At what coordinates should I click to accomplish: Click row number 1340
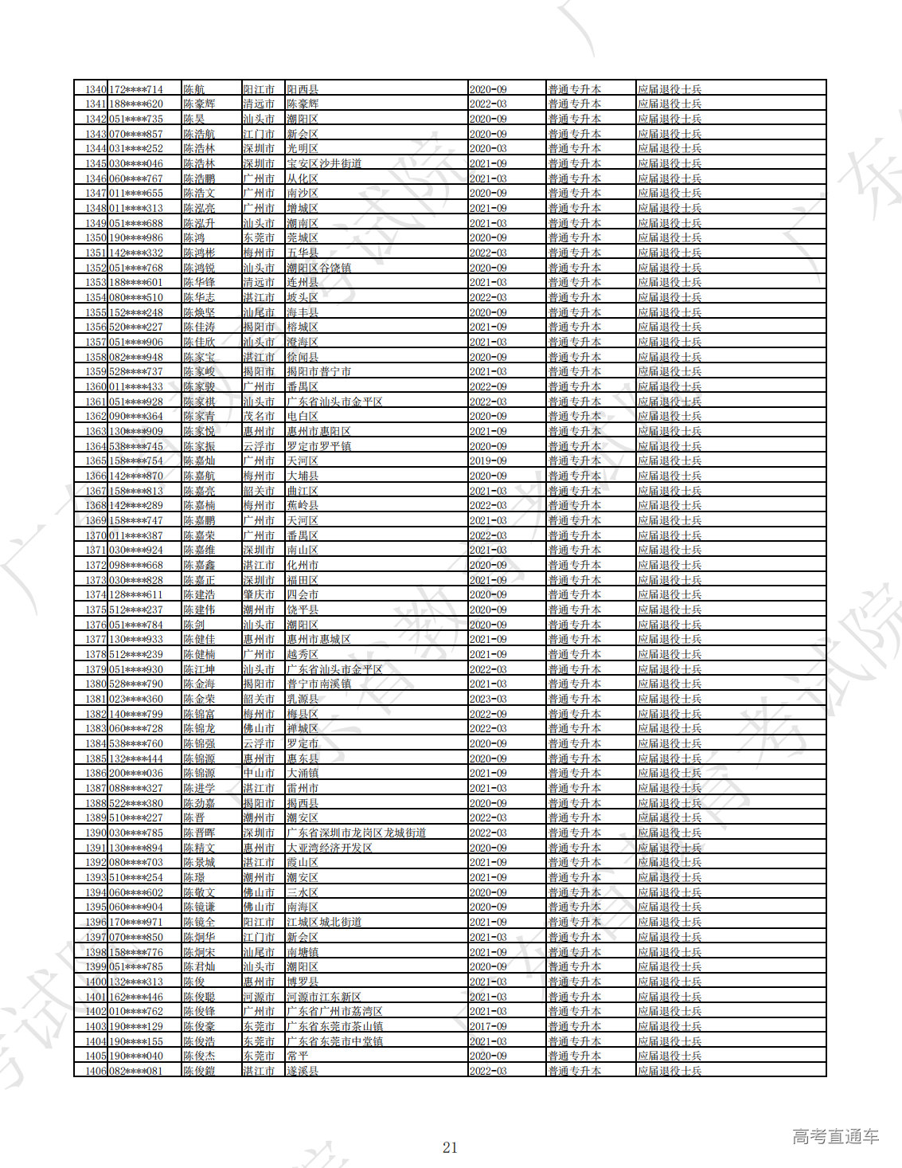click(x=96, y=89)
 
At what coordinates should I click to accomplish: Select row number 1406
click(x=96, y=1071)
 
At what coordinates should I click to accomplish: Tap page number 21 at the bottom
click(x=450, y=1147)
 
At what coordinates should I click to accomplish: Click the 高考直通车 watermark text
click(x=835, y=1137)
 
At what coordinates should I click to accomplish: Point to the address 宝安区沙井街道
click(x=324, y=163)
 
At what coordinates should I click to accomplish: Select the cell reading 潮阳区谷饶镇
click(x=318, y=268)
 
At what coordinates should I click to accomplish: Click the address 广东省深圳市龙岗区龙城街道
click(x=356, y=833)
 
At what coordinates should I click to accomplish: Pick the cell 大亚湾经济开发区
click(x=330, y=848)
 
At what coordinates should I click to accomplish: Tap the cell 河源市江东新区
click(x=324, y=997)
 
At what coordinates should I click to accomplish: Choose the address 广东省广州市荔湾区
click(x=334, y=1011)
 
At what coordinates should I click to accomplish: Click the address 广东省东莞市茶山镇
click(x=334, y=1026)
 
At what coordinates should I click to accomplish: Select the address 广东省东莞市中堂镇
click(x=334, y=1041)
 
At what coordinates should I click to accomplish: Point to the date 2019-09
click(x=487, y=461)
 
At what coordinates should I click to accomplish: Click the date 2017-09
click(x=487, y=1026)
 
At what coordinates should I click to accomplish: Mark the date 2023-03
click(x=487, y=699)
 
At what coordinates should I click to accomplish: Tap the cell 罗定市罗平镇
click(x=318, y=446)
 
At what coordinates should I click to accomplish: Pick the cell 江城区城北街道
click(x=324, y=922)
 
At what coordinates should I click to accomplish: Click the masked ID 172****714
click(x=135, y=89)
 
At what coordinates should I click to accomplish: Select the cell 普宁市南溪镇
click(x=318, y=684)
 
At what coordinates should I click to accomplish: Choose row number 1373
click(x=96, y=580)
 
